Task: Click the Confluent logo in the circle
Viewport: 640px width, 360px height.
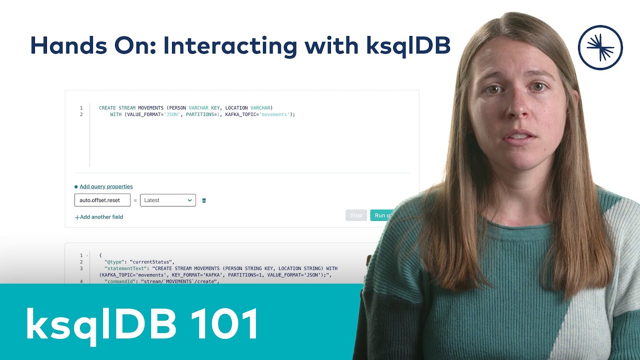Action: [600, 47]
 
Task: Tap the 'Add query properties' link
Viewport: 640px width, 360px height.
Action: [106, 186]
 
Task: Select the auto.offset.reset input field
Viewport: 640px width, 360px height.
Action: [102, 200]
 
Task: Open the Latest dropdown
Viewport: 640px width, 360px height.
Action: [168, 200]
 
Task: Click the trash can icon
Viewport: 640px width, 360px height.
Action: [204, 200]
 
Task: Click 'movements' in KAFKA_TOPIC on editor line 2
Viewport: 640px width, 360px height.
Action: [275, 114]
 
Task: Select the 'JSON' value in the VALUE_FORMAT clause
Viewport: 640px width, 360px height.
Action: [171, 114]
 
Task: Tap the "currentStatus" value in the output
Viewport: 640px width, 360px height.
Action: [151, 262]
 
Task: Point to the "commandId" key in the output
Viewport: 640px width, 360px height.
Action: [120, 281]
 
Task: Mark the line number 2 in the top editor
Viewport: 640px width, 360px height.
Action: [81, 114]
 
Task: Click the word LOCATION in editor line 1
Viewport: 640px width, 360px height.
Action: [236, 108]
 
